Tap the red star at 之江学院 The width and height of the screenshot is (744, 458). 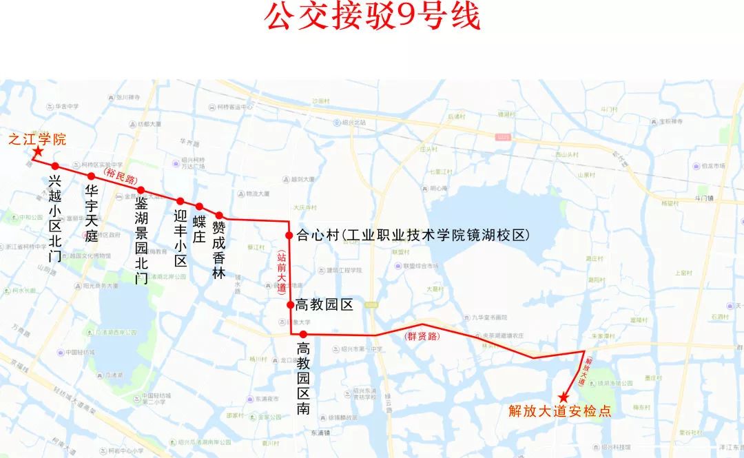[x=38, y=152]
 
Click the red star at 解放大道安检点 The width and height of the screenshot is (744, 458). [x=563, y=397]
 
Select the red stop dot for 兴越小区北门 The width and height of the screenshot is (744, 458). [x=55, y=166]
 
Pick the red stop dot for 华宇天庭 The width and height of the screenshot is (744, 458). [x=91, y=176]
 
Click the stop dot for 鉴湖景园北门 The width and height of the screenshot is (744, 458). [x=141, y=190]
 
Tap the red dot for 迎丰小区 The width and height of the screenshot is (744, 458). [x=180, y=202]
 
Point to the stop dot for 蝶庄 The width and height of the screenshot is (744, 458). [x=199, y=207]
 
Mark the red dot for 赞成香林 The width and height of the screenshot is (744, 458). [x=219, y=216]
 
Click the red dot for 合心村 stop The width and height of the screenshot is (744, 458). [x=289, y=235]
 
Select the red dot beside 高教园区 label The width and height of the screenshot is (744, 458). [x=290, y=304]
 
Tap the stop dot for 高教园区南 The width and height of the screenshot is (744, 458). [x=302, y=335]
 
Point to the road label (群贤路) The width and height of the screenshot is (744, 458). [x=422, y=337]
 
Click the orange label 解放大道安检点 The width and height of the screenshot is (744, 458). [x=560, y=411]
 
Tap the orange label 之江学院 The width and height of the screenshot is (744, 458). [x=37, y=139]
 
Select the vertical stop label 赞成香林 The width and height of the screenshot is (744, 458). [x=219, y=249]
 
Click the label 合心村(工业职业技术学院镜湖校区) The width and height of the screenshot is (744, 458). [x=413, y=236]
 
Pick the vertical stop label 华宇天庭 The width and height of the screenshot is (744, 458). [x=92, y=213]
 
